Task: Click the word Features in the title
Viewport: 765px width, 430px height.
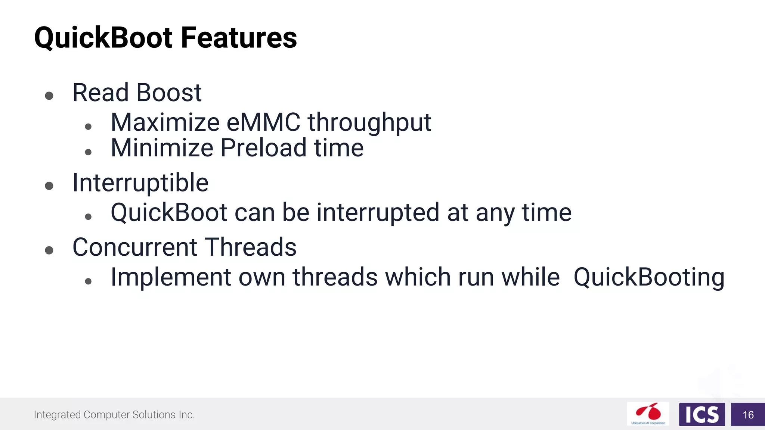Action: pos(239,38)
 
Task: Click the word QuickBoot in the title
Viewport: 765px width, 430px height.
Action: pos(103,38)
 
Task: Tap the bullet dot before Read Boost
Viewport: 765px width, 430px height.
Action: pos(49,96)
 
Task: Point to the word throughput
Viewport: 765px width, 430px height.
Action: pos(369,123)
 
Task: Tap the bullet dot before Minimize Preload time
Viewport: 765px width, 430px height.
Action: pos(88,152)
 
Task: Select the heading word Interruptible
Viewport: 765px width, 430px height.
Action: pos(140,183)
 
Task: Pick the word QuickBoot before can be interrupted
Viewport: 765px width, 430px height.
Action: pos(169,213)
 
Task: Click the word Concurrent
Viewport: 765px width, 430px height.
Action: pos(134,247)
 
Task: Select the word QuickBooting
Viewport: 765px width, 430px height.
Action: pos(649,277)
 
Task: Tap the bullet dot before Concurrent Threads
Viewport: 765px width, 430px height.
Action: pos(49,250)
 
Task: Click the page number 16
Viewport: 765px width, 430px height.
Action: pos(748,415)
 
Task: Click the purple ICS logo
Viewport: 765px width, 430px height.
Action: pos(701,414)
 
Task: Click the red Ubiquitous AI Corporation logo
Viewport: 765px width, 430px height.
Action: pos(648,414)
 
